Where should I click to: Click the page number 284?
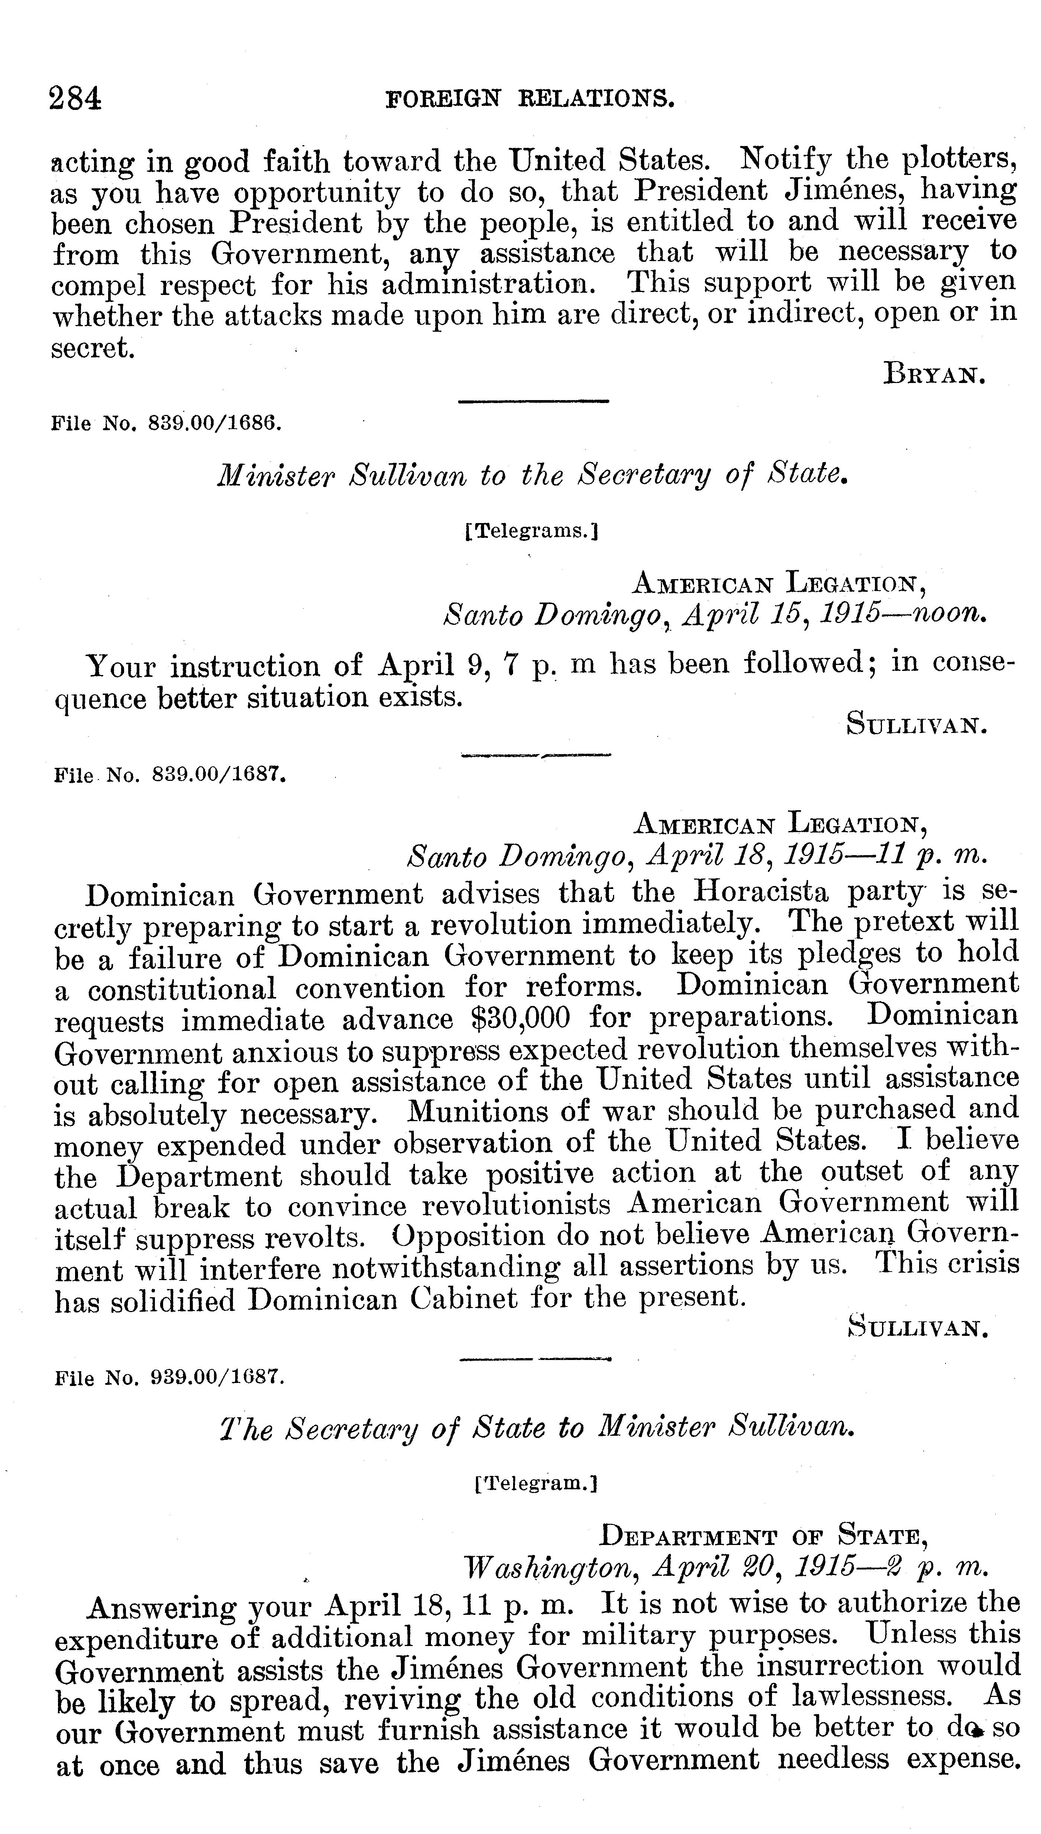pyautogui.click(x=75, y=98)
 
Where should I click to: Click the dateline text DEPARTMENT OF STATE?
pyautogui.click(x=763, y=1535)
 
